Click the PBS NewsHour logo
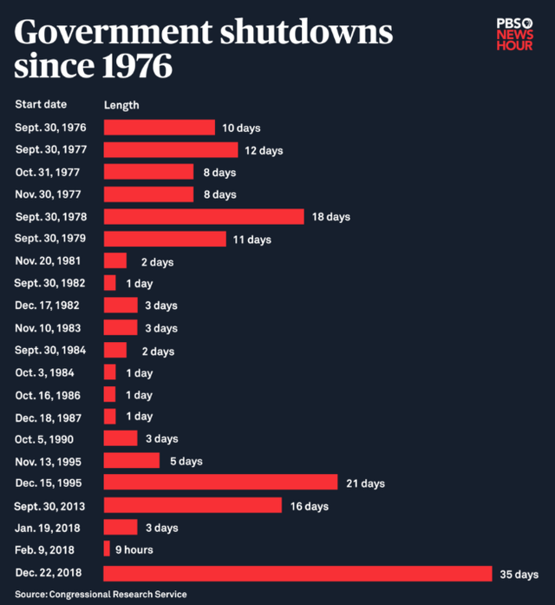point(514,34)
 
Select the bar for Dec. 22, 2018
point(297,574)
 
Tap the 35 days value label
point(519,574)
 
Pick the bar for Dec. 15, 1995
point(220,483)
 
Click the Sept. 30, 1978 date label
point(50,217)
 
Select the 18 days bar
point(204,217)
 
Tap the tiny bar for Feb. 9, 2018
point(107,549)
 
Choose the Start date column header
point(41,105)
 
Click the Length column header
point(121,105)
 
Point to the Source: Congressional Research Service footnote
point(101,595)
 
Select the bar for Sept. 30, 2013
point(193,505)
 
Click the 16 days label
point(310,506)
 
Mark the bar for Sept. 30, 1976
point(159,128)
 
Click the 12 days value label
point(264,151)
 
